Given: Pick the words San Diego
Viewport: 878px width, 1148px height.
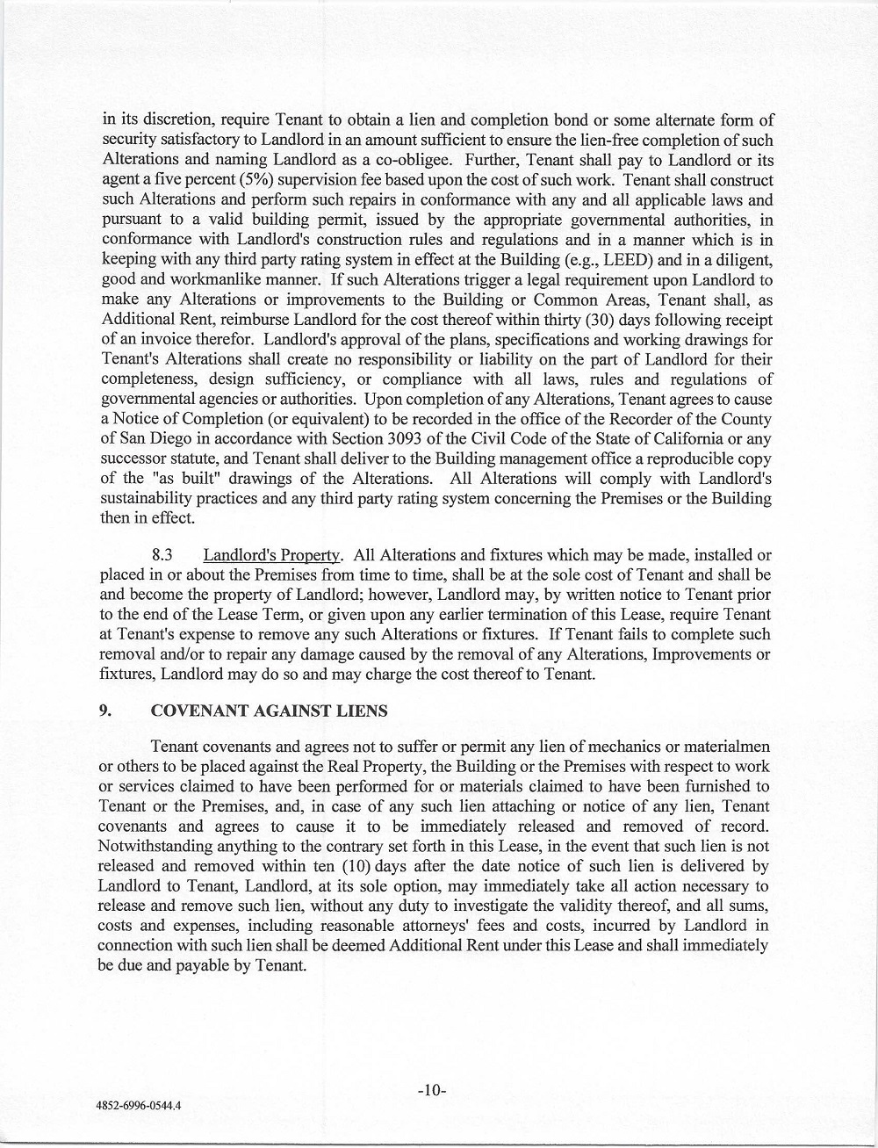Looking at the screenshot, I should point(151,440).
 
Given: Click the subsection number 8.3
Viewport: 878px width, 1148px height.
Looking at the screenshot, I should point(166,555).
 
